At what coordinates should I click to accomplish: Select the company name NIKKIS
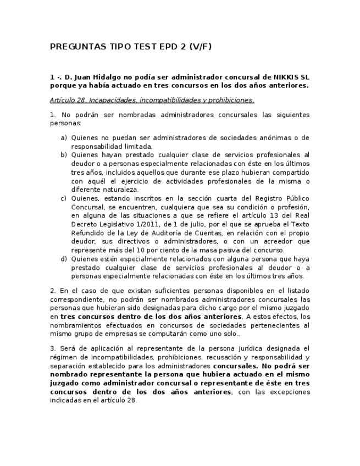point(287,77)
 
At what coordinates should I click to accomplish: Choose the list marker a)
point(64,137)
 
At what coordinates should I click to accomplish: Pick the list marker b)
point(64,155)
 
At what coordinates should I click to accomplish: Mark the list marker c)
point(64,198)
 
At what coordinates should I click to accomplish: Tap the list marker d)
point(64,259)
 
